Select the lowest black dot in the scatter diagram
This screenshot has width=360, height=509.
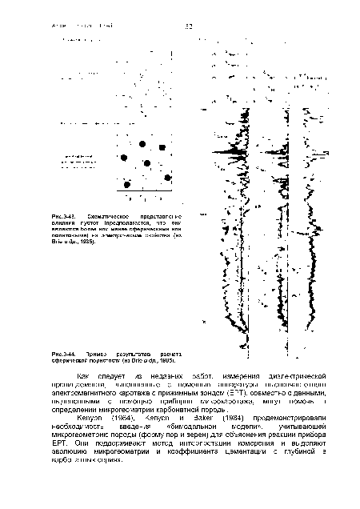point(127,185)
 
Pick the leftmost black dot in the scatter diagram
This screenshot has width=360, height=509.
point(127,185)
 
